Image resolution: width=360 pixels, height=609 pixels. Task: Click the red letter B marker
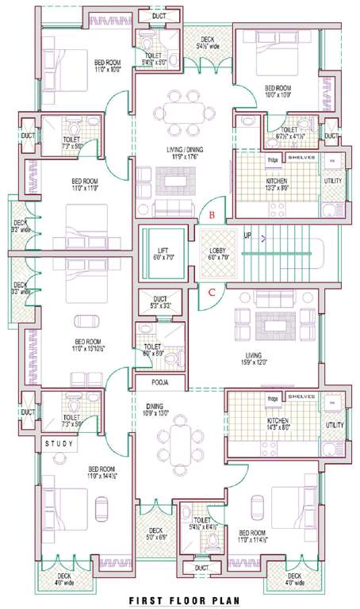[211, 215]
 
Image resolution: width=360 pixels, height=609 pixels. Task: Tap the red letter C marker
[211, 292]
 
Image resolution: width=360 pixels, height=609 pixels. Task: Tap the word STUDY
[59, 443]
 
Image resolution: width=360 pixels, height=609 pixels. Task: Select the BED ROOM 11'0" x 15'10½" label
[85, 345]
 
